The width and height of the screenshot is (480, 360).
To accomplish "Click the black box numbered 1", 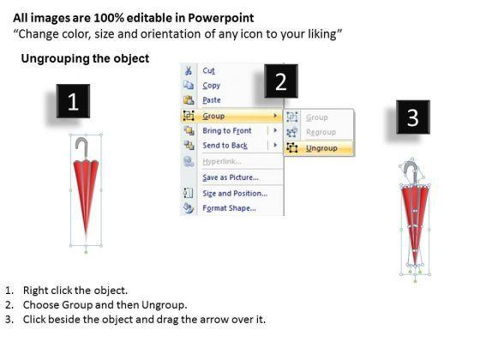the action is (x=73, y=101).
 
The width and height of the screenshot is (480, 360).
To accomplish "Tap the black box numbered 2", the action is (x=281, y=81).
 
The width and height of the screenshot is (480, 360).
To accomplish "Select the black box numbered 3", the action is (x=413, y=117).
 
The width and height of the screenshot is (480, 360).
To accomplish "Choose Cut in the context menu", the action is (x=208, y=70).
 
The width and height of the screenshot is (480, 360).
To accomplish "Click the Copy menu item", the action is (x=211, y=86).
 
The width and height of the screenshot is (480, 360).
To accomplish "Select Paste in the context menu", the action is (x=212, y=100).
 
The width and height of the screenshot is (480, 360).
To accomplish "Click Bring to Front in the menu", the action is (x=227, y=130).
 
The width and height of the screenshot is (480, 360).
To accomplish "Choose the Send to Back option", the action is (x=225, y=146).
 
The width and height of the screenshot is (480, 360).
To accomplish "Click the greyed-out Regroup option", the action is (x=321, y=132).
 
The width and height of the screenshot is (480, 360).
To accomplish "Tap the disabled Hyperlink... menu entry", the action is (x=222, y=161).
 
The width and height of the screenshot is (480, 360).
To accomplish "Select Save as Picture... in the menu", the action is (x=231, y=177).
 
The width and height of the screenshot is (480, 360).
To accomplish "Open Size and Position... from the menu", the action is (x=235, y=194).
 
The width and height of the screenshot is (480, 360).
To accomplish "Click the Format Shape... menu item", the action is (x=229, y=208).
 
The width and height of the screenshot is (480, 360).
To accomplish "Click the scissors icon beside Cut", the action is (x=188, y=70).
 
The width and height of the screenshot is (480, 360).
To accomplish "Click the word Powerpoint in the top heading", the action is (x=221, y=18).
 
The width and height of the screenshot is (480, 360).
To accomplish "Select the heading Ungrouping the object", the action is (x=85, y=58).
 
